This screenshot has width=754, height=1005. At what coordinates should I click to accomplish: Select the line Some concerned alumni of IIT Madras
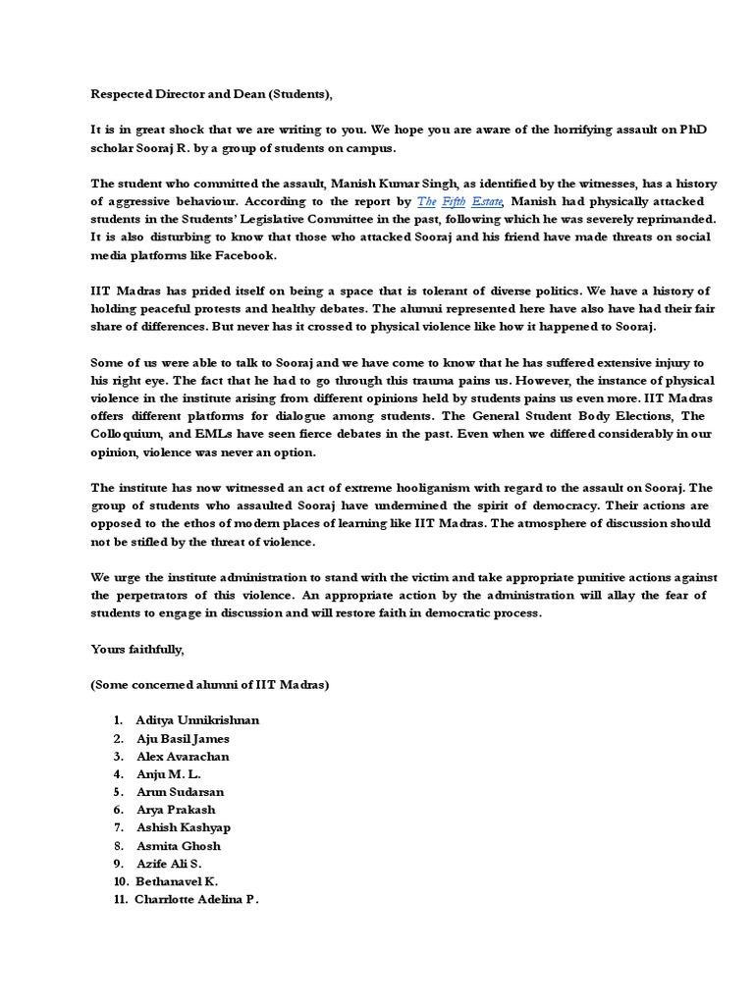[210, 685]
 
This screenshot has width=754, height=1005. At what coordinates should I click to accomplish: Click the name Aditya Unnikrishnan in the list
[197, 720]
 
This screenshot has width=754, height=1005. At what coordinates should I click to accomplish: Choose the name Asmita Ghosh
[179, 845]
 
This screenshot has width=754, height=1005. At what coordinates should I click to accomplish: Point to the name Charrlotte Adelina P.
[196, 899]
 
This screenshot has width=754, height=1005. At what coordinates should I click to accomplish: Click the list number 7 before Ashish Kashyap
[118, 827]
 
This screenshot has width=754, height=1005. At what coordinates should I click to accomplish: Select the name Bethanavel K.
[178, 881]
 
